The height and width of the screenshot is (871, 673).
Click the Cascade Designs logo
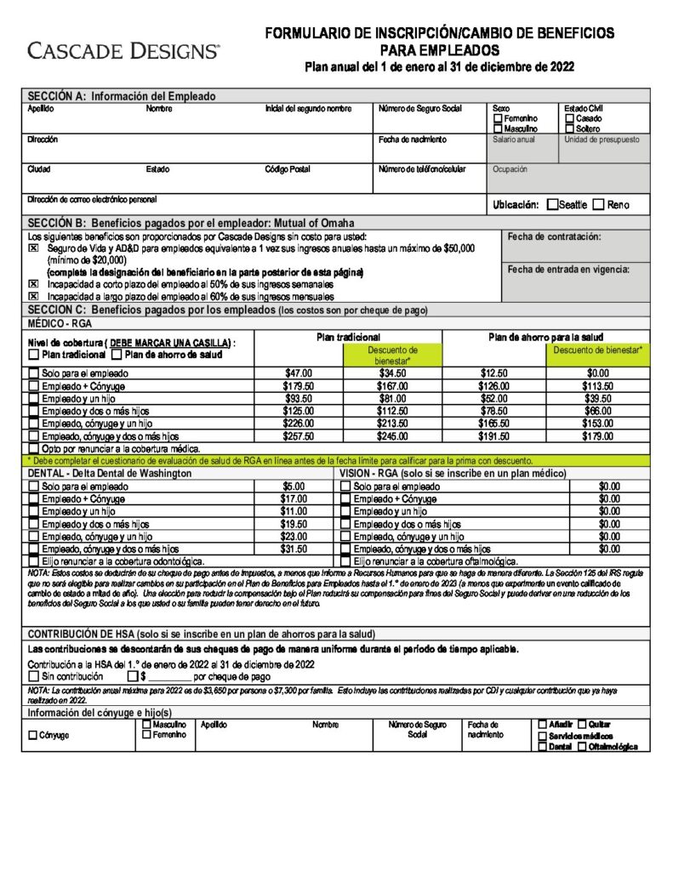123,51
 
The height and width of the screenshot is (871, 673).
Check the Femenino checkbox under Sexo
498,119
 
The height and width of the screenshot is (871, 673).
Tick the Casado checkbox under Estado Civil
569,119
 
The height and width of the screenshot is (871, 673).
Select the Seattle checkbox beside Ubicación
553,204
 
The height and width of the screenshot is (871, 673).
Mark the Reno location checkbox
599,204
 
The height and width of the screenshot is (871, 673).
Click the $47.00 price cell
298,373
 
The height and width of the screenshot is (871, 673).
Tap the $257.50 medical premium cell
298,436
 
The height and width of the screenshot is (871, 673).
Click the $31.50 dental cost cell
294,549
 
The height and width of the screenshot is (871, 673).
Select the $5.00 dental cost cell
294,487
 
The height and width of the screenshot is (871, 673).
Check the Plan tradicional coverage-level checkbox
34,354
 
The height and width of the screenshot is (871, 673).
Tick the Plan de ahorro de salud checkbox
117,354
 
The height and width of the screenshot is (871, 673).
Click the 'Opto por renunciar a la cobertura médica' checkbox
34,448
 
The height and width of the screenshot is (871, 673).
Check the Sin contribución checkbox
34,676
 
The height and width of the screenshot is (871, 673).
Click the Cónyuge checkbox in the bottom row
34,735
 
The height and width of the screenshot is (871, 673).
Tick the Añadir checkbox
543,724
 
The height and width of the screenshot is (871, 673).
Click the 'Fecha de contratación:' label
554,236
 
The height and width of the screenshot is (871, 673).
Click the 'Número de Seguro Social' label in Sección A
419,109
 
